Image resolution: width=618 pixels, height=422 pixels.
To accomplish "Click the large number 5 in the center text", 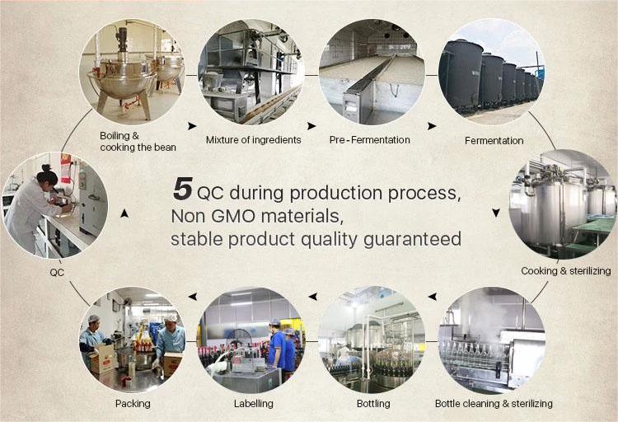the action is pos(182,189).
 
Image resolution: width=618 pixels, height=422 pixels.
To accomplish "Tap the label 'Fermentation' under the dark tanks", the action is pos(494,141).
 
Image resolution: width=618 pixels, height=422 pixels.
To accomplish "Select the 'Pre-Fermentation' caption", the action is pos(370,140).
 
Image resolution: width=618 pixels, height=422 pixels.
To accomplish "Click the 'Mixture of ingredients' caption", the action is pos(254,140).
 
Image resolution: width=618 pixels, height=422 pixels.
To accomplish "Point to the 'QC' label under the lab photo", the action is pos(57,273).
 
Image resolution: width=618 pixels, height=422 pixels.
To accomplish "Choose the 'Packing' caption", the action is pos(133,404).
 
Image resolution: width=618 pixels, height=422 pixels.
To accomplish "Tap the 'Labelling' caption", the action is pos(254,404).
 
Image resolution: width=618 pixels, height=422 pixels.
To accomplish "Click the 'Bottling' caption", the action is pos(373,404).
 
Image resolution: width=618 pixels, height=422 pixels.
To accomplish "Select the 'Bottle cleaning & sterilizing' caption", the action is pos(494,404).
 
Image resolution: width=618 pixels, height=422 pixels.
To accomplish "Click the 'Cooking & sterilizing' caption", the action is pos(566,271).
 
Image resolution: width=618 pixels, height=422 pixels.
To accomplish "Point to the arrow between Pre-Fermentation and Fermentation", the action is pos(432,126).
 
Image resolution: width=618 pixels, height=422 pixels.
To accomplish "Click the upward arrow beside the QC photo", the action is pos(124,213).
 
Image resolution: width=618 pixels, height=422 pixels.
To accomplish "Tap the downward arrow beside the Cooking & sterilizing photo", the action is pos(496,213).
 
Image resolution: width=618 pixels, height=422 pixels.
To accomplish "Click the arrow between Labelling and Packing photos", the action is pos(192,296).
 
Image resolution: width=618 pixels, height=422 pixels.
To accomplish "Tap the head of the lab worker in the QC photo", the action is pos(48,176).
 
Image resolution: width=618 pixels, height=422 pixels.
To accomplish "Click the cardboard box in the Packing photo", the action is pos(101,358).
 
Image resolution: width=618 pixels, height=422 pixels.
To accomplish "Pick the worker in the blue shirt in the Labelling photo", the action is pos(278,345).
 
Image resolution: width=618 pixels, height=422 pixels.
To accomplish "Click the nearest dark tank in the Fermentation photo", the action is pos(461,75).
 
